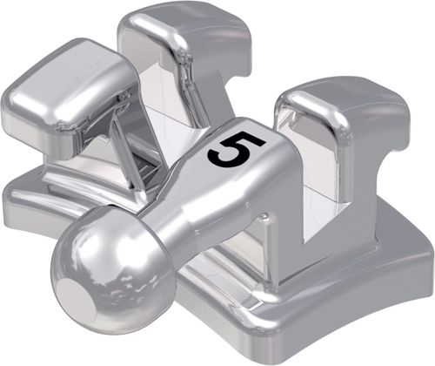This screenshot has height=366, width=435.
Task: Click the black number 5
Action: pyautogui.click(x=237, y=149)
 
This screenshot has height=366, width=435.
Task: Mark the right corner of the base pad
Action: pyautogui.click(x=426, y=260)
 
